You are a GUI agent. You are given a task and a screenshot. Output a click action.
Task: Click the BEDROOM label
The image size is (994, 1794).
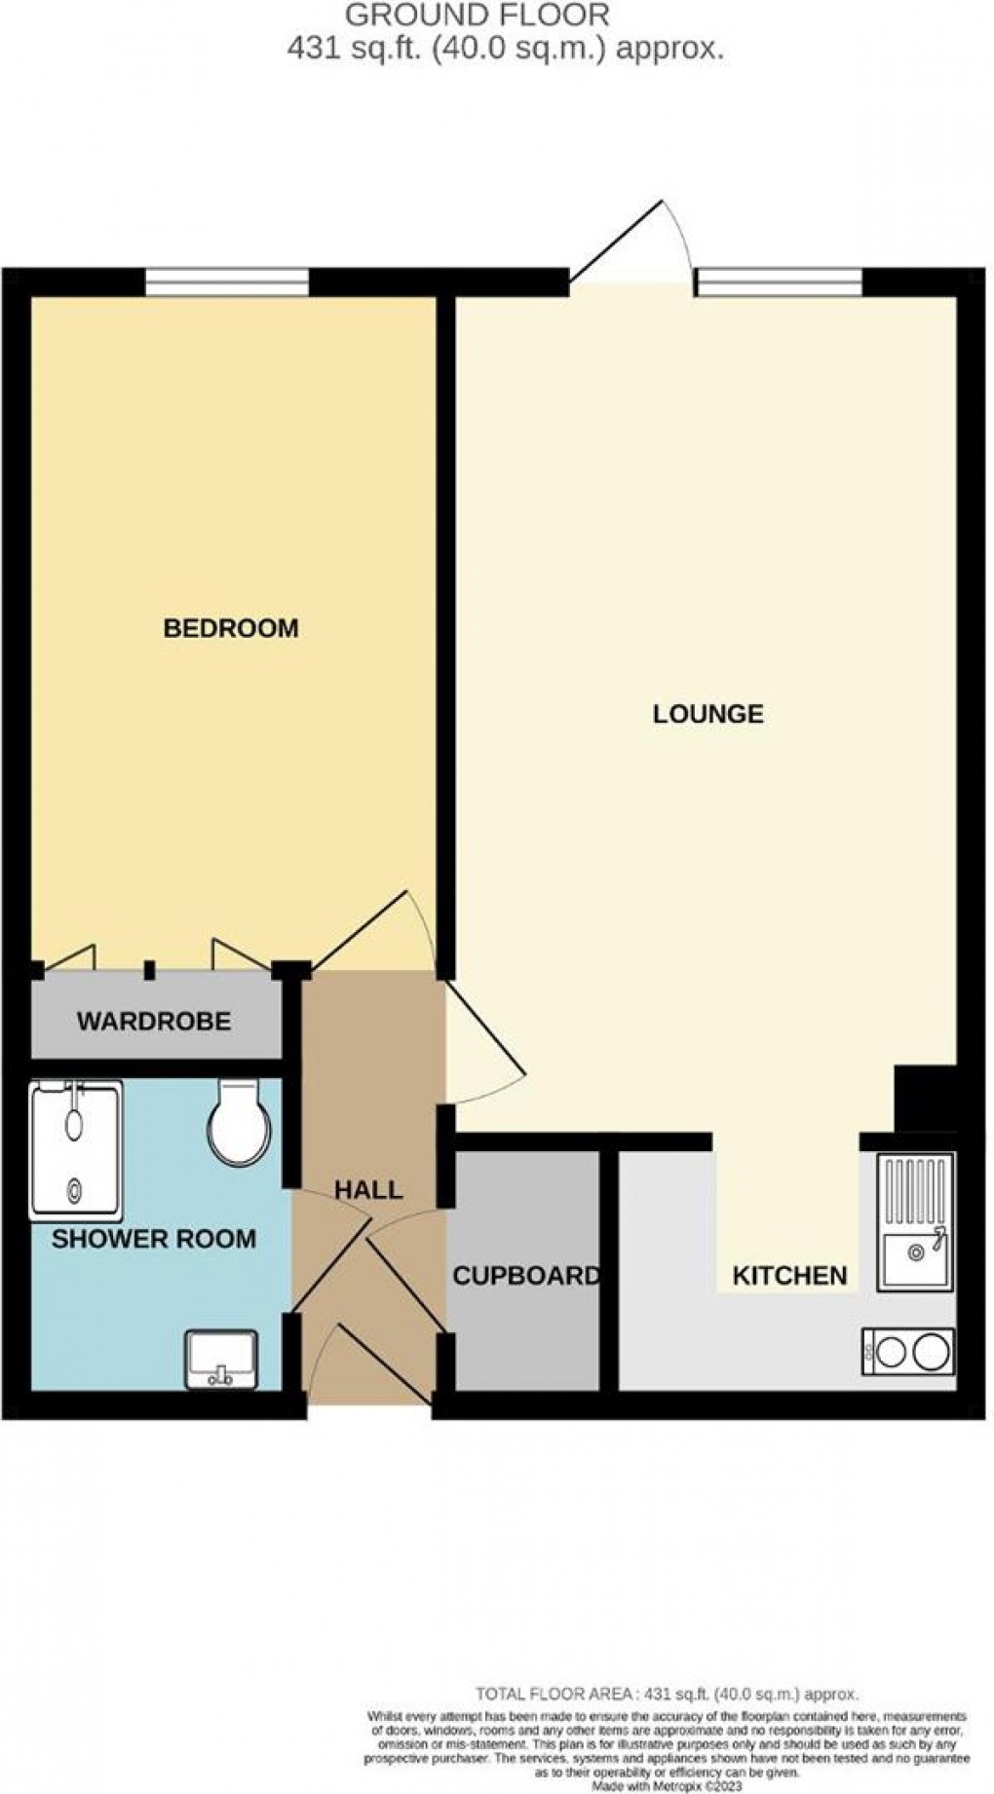point(231,628)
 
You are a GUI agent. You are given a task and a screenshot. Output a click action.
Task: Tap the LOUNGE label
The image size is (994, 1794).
point(707,714)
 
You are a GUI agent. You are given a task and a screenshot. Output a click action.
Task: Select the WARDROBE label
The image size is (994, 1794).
point(154,1021)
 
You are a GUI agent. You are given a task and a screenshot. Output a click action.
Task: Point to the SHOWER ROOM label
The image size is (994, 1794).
point(153,1239)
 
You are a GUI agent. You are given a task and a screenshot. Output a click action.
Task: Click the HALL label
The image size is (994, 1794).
point(368,1189)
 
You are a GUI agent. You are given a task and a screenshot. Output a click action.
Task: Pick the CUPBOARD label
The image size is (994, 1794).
point(526,1275)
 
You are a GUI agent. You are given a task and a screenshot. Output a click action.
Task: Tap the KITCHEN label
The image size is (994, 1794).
point(789,1275)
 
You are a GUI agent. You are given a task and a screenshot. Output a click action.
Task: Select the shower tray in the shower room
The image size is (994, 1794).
point(76,1150)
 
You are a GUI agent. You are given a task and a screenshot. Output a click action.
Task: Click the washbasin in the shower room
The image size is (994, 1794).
point(221,1360)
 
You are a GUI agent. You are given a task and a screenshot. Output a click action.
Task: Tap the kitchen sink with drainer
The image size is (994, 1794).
point(916,1222)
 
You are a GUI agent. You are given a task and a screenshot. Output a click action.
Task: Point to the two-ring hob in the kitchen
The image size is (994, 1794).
point(907,1351)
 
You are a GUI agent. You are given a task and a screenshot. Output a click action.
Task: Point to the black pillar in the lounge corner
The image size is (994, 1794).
point(926,1098)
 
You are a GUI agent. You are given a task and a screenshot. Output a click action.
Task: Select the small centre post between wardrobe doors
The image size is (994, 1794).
point(149,970)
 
